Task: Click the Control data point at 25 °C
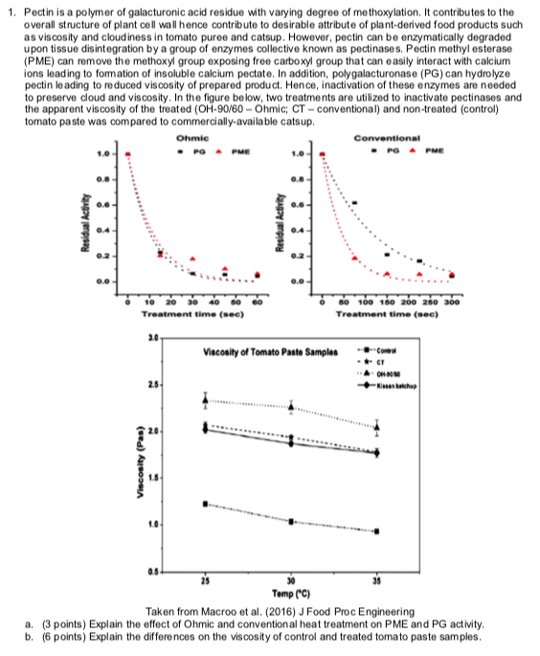[205, 504]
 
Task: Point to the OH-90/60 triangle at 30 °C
[291, 407]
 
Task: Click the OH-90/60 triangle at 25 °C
[205, 399]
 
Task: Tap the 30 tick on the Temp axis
[291, 584]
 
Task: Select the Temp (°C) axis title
[291, 596]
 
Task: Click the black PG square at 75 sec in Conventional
[355, 203]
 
